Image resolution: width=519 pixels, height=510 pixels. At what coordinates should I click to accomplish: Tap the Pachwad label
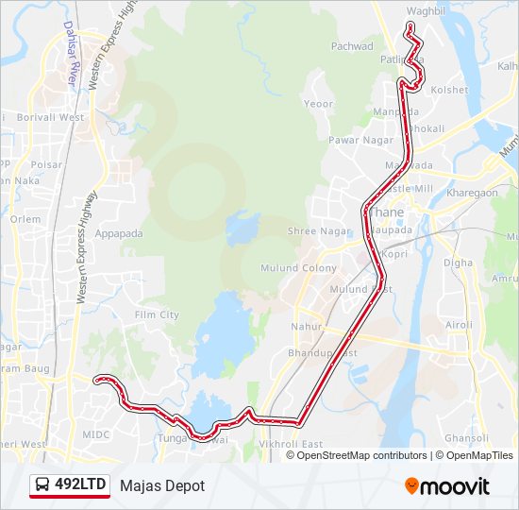pyautogui.click(x=352, y=46)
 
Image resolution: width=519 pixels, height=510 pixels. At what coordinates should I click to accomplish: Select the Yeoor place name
pyautogui.click(x=319, y=103)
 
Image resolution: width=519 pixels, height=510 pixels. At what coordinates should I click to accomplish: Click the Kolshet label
pyautogui.click(x=448, y=90)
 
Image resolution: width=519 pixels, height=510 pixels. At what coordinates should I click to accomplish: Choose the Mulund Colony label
pyautogui.click(x=306, y=268)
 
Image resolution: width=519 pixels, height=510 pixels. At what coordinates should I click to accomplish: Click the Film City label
pyautogui.click(x=157, y=314)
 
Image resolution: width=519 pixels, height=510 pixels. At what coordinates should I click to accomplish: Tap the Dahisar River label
pyautogui.click(x=70, y=55)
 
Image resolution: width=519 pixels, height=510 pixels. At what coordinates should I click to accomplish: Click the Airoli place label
pyautogui.click(x=459, y=325)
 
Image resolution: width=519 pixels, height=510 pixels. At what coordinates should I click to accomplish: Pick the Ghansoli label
pyautogui.click(x=466, y=438)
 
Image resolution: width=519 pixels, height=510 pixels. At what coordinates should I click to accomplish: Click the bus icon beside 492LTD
pyautogui.click(x=42, y=484)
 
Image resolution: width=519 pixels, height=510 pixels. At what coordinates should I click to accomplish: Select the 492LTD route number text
pyautogui.click(x=80, y=484)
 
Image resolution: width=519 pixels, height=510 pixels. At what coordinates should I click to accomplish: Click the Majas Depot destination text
pyautogui.click(x=162, y=485)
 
